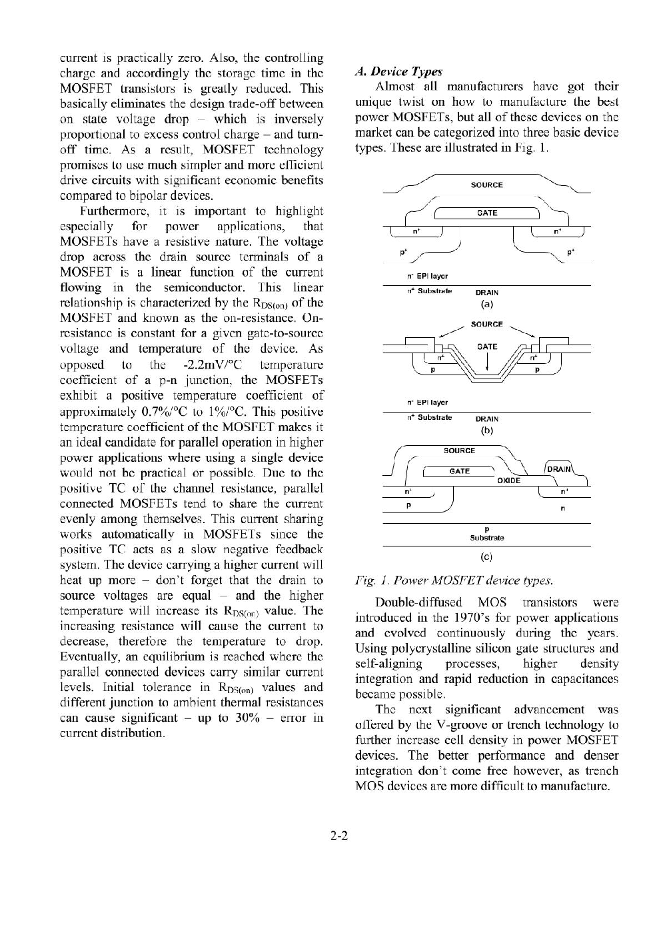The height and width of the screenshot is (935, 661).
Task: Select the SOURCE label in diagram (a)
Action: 486,185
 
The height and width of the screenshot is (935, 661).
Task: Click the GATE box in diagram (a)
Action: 486,213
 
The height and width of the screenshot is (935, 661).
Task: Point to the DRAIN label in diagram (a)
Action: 486,292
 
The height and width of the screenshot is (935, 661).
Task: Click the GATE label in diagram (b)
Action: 487,347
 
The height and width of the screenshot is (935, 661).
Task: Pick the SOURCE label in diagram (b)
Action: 486,324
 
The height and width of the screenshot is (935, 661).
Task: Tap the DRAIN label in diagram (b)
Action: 486,419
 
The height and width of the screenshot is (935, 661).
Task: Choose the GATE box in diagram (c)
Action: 460,471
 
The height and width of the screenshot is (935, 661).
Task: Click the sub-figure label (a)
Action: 486,305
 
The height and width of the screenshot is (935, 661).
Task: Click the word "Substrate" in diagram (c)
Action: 487,537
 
